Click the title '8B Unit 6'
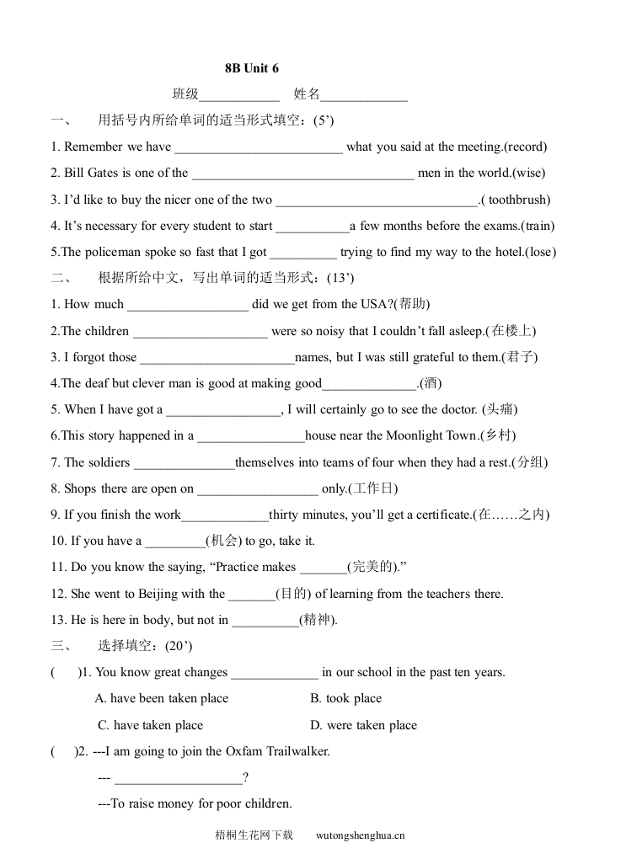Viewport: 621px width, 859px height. click(251, 68)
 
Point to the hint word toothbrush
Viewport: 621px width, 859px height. click(517, 200)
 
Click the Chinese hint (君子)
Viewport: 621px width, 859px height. click(519, 357)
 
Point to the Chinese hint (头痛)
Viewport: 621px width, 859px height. click(499, 409)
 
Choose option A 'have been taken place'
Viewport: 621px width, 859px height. click(162, 698)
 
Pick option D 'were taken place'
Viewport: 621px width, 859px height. click(363, 725)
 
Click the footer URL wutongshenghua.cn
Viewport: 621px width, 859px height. click(361, 835)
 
